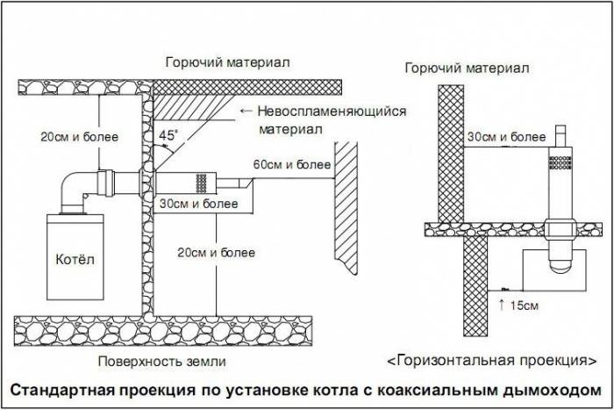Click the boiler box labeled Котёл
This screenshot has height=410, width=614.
(70, 261)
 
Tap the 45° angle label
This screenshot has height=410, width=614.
(167, 135)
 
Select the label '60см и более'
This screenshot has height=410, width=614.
(292, 165)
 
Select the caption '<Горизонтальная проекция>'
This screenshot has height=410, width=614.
(487, 360)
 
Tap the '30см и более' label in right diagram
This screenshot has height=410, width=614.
(497, 137)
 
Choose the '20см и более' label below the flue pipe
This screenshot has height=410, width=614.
(216, 253)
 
